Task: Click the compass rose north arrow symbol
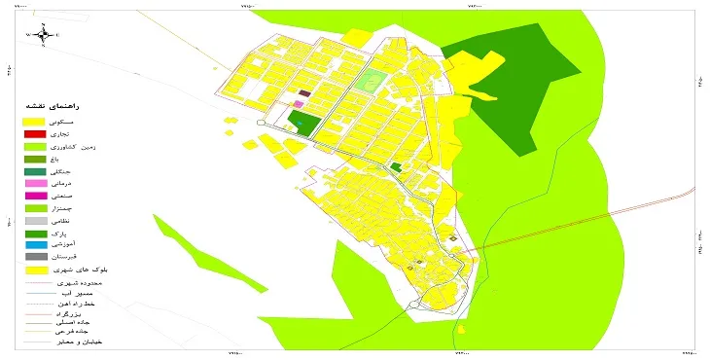[x=44, y=35]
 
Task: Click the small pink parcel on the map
[x=299, y=103]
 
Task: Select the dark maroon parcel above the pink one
[x=303, y=93]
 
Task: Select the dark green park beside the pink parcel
[x=304, y=123]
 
